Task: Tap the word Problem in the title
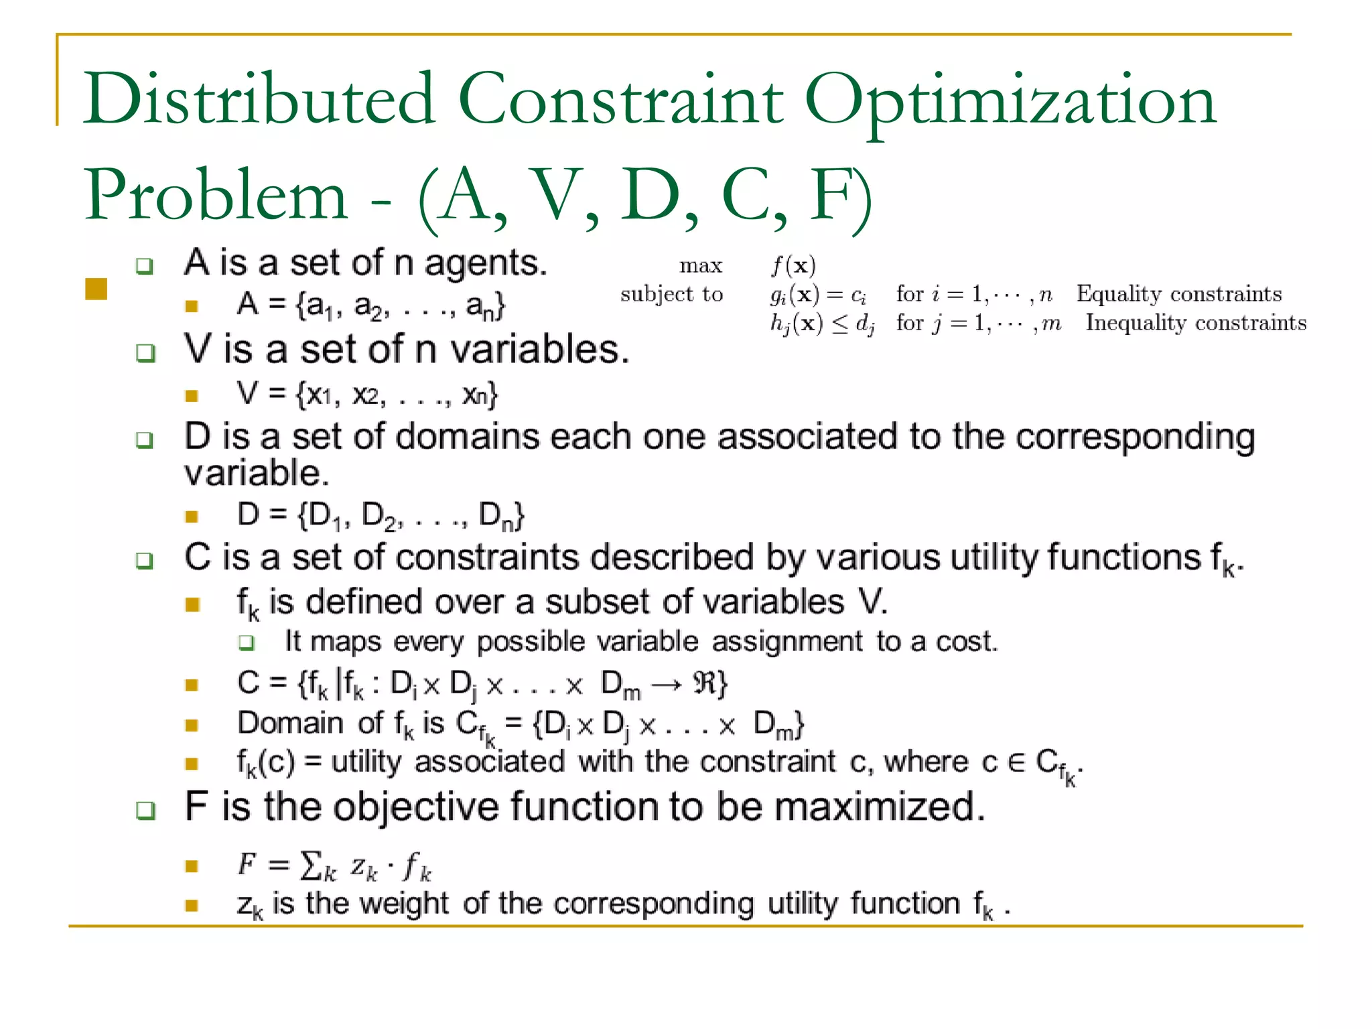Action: pyautogui.click(x=215, y=196)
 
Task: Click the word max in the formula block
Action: pyautogui.click(x=701, y=266)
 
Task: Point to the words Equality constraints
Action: pyautogui.click(x=1179, y=293)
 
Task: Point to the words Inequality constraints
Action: pyautogui.click(x=1196, y=323)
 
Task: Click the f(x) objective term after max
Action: pyautogui.click(x=793, y=266)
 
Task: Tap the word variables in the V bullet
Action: pyautogui.click(x=539, y=350)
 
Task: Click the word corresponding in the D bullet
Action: pyautogui.click(x=1135, y=437)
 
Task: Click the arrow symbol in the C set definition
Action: pyautogui.click(x=668, y=684)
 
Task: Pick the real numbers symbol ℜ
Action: pyautogui.click(x=705, y=683)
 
